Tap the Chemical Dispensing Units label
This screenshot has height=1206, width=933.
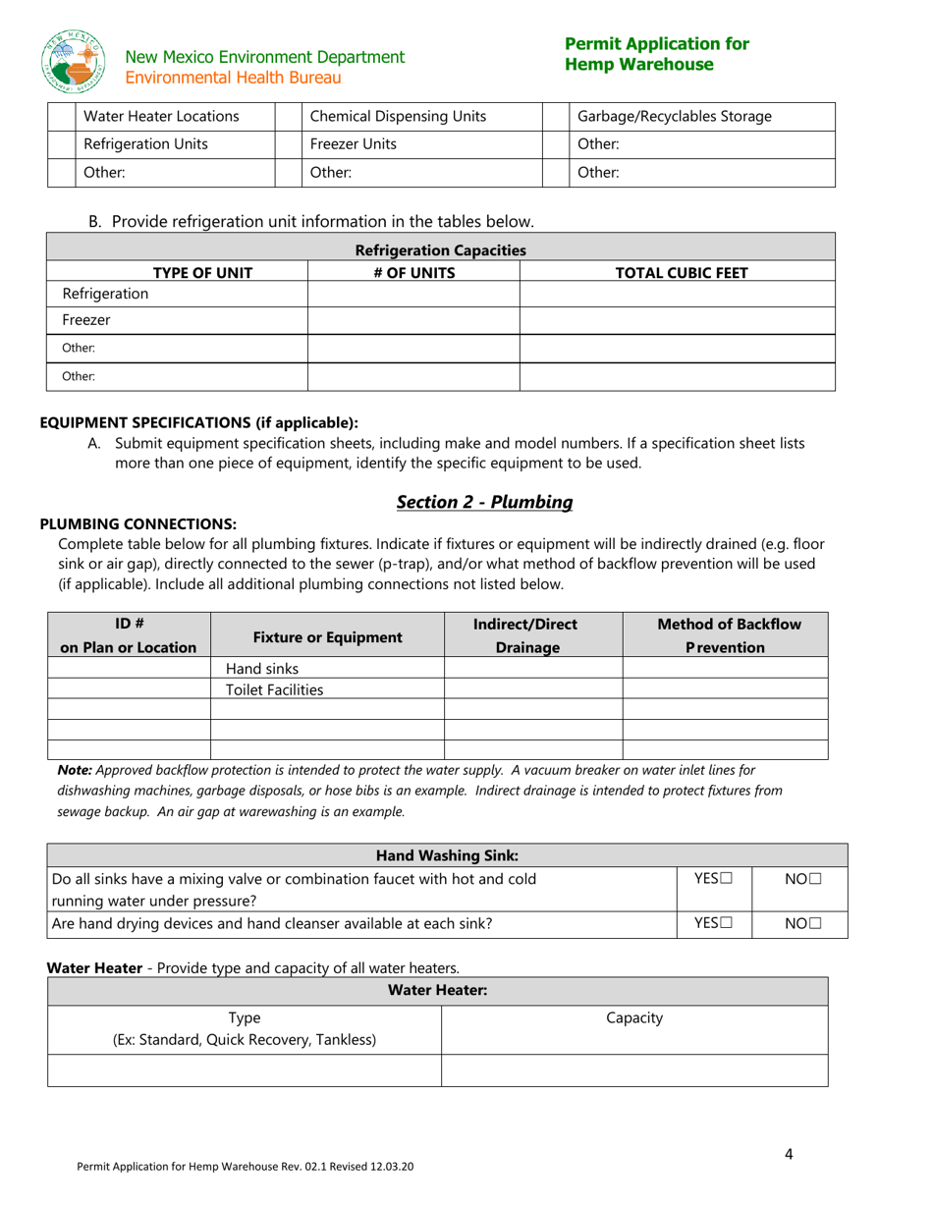pos(398,117)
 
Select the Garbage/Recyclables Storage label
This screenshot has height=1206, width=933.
pos(675,117)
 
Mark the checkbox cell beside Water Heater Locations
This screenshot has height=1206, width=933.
pos(61,117)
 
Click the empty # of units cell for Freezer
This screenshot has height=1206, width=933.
pos(413,320)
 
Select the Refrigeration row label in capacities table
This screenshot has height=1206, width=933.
pos(106,294)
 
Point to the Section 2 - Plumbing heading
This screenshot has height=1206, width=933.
pos(484,502)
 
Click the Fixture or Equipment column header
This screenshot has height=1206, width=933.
pos(328,636)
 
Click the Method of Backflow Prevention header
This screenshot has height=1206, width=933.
pos(729,636)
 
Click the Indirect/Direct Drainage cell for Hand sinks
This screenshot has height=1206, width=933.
pos(533,669)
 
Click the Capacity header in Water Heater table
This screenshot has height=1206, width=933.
pos(634,1018)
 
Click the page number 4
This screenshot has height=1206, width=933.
pos(789,1153)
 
